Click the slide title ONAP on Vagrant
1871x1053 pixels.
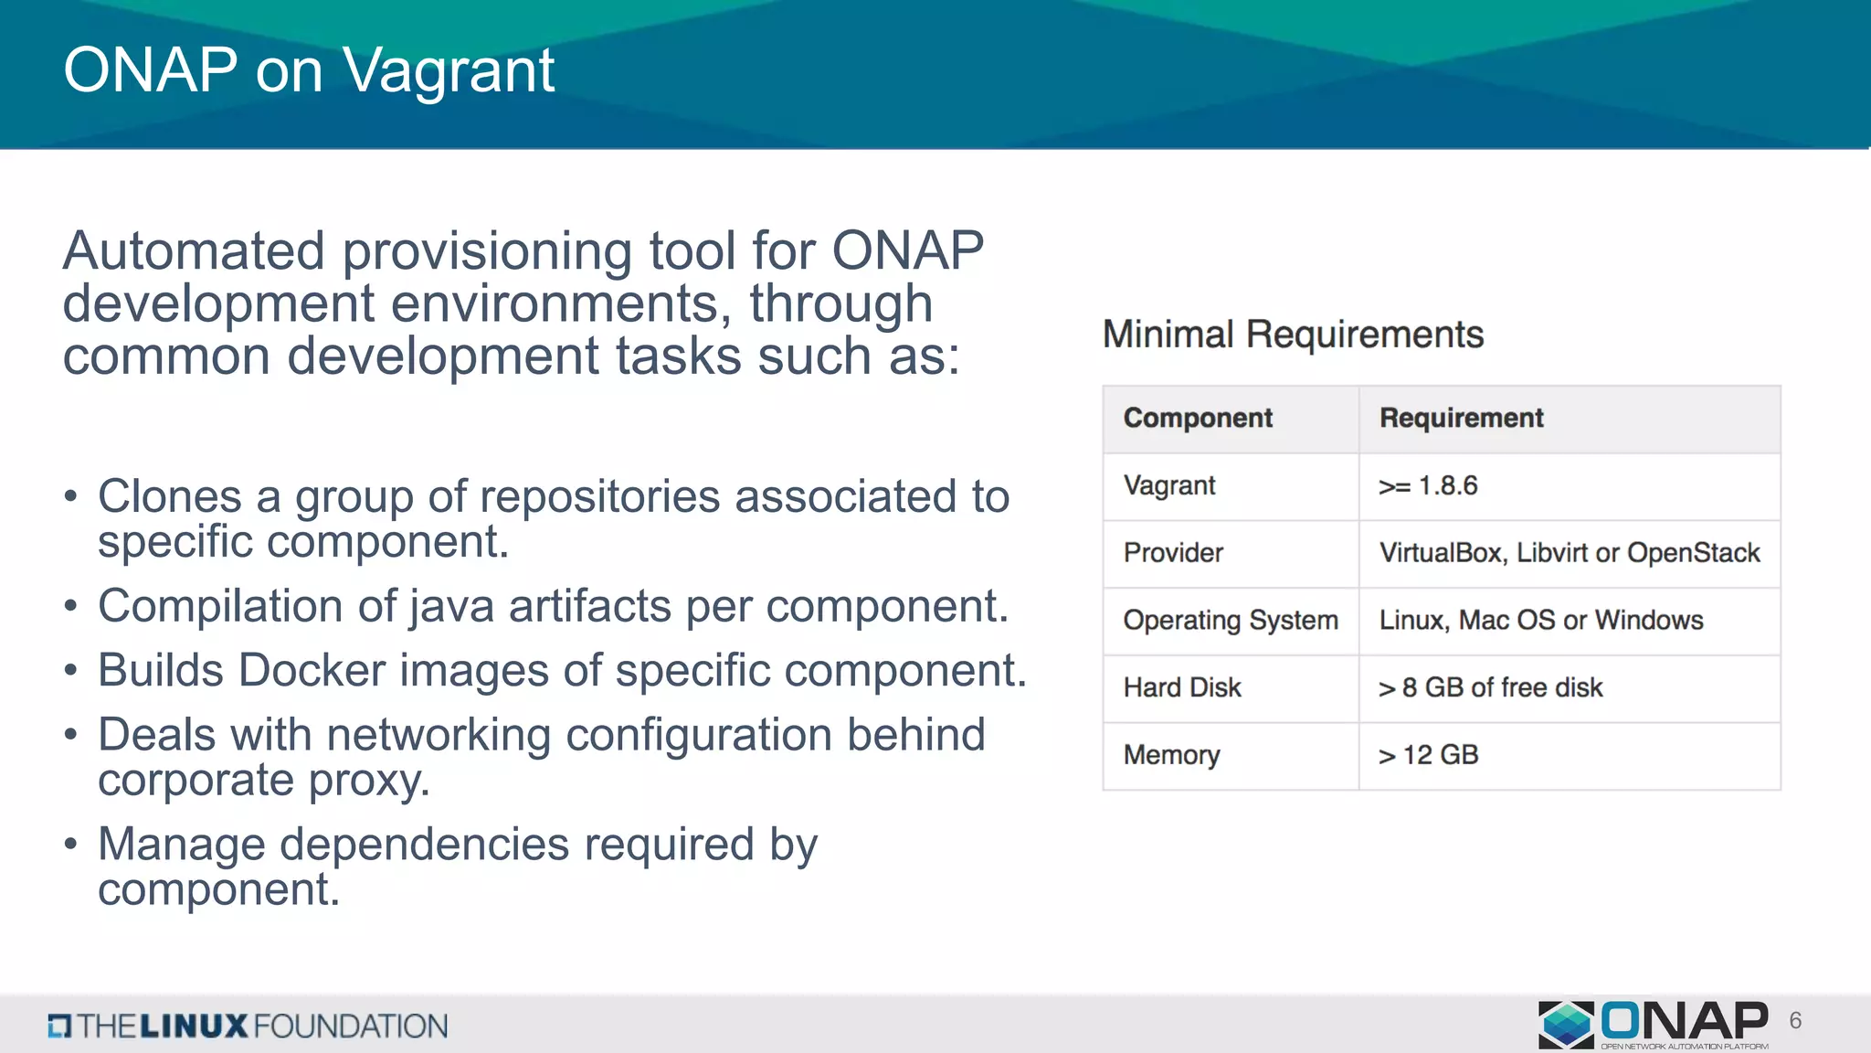[x=309, y=70]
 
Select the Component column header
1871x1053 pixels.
[x=1197, y=418]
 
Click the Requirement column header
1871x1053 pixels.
[x=1461, y=418]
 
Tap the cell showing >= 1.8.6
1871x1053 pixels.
[x=1428, y=485]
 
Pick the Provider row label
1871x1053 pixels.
[x=1173, y=553]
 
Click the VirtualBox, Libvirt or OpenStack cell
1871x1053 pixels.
[x=1569, y=553]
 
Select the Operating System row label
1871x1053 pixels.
[x=1230, y=621]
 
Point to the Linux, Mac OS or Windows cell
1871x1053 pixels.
[x=1540, y=621]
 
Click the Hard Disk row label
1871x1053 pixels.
[x=1182, y=687]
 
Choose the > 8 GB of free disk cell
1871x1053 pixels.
[x=1490, y=687]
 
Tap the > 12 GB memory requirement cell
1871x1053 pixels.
[x=1428, y=755]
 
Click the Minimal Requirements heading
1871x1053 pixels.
[x=1293, y=335]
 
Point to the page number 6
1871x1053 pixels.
[x=1795, y=1021]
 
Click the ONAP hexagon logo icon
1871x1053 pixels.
[x=1566, y=1024]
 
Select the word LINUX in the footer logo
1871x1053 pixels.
[x=194, y=1026]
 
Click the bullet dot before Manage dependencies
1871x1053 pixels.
[x=71, y=845]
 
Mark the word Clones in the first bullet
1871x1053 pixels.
[x=169, y=496]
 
